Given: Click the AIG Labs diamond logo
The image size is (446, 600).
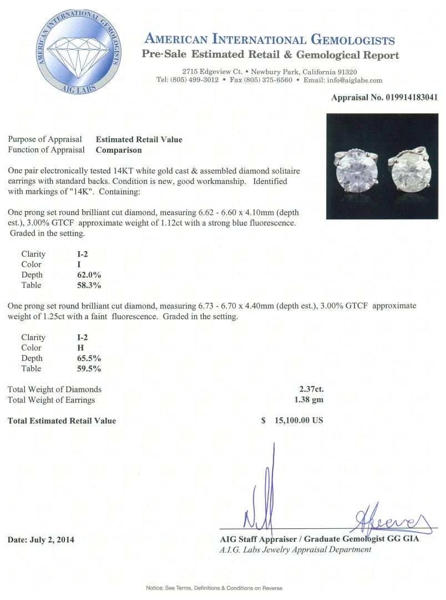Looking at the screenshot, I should pos(78,52).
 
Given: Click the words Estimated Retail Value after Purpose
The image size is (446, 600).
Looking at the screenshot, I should pos(139,139).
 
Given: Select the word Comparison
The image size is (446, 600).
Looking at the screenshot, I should pos(119,149).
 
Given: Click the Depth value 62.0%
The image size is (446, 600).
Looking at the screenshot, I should pos(89,275).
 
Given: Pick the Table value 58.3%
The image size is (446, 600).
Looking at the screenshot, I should pos(89,286).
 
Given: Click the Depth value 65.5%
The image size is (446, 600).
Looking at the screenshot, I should pos(89,358).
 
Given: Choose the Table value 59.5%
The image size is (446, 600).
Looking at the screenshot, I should pos(89,369).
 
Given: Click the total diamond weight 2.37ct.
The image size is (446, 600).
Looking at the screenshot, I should pos(311,389).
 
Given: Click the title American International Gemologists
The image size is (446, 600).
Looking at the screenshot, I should pos(270,40).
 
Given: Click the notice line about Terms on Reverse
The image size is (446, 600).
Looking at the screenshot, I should pos(214,588).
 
